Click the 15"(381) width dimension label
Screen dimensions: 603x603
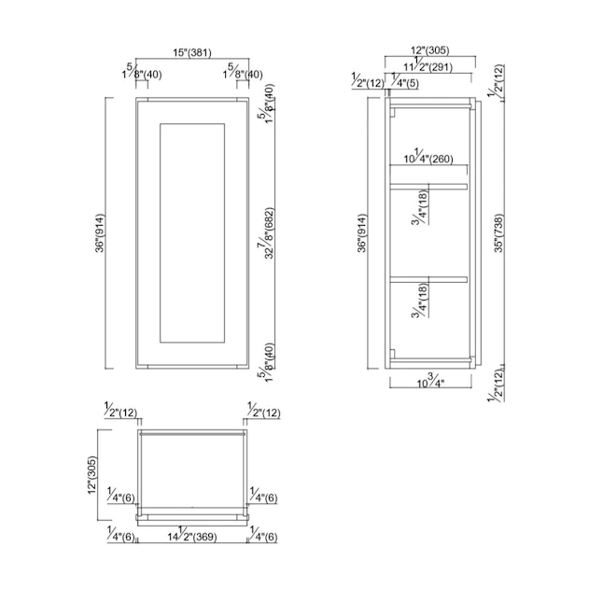point(192,52)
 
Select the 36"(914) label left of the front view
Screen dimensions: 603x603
point(100,233)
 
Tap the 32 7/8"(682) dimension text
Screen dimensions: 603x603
point(266,233)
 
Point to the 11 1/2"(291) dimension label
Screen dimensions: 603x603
point(428,64)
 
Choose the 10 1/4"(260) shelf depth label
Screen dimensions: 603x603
point(428,156)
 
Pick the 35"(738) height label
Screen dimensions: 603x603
point(498,233)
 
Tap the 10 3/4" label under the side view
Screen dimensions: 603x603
point(430,381)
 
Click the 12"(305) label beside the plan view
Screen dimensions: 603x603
point(91,475)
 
